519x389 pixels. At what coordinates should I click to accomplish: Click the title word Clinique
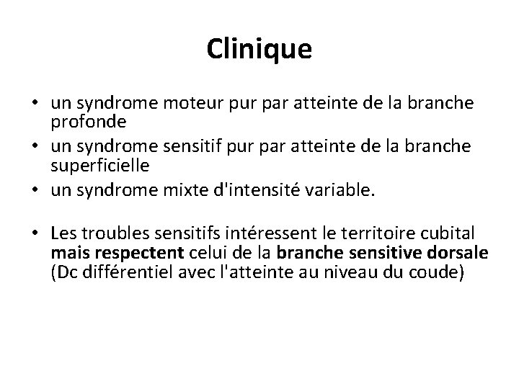pos(259,50)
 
